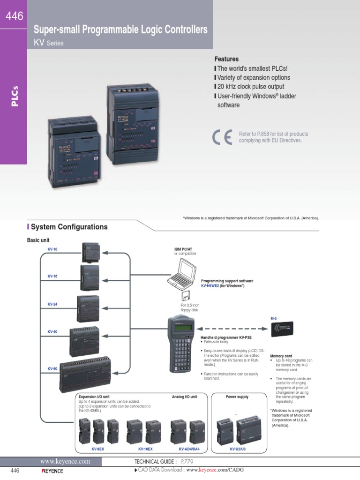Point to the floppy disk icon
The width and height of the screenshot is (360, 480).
[185, 297]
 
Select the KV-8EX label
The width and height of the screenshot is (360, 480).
[97, 449]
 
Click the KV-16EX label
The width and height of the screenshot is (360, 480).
[146, 449]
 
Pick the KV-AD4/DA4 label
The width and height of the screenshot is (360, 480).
[189, 449]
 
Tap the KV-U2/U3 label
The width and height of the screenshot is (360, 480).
[238, 449]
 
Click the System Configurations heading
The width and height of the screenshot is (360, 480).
[69, 227]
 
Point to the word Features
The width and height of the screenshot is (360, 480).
[226, 59]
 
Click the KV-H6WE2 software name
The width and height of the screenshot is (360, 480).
[210, 285]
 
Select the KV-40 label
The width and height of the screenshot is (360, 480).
[52, 331]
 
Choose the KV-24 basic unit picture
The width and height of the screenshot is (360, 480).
[88, 308]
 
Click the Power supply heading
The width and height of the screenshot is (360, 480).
[237, 397]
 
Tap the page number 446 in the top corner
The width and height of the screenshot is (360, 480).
[14, 16]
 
